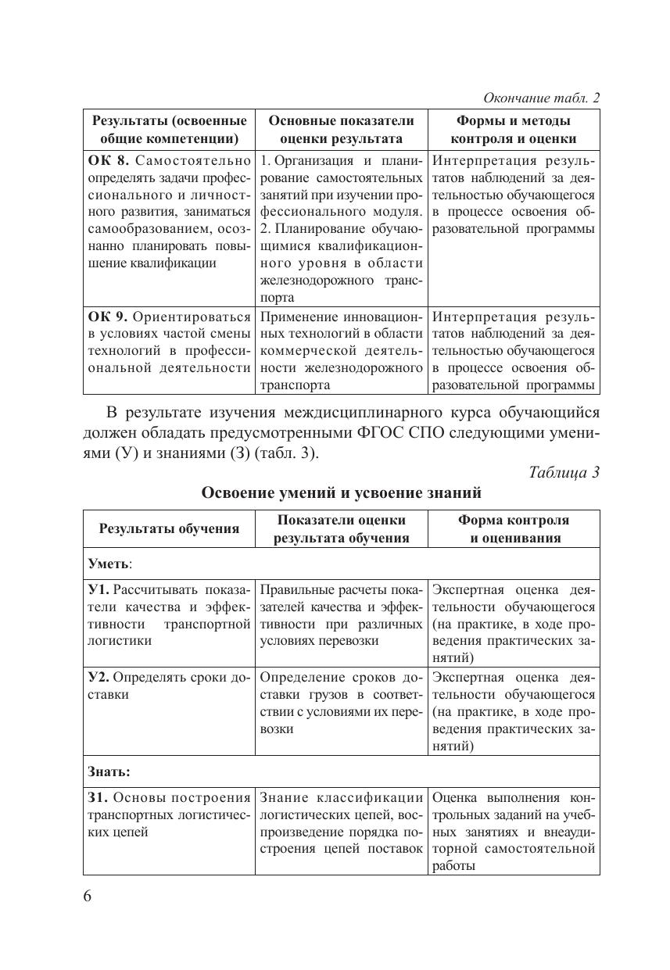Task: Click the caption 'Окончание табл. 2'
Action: pos(541,98)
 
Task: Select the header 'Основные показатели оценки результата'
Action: pos(341,130)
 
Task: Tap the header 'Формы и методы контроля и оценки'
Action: pos(513,130)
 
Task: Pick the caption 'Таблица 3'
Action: pos(564,472)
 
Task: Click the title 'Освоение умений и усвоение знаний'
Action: pos(341,493)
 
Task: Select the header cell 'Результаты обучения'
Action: pos(169,528)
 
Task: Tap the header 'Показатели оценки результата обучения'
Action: pos(341,528)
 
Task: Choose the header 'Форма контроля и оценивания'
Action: pos(514,528)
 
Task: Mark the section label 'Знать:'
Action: pos(109,771)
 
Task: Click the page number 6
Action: pos(88,896)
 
